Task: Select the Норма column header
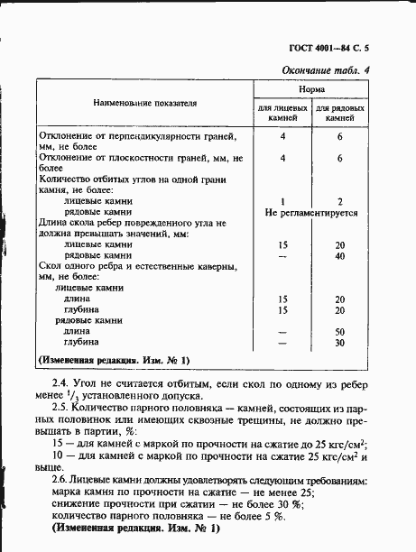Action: coord(312,91)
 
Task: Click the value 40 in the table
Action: coord(339,255)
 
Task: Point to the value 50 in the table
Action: coord(339,331)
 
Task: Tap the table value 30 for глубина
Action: coord(339,343)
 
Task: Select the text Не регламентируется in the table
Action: coord(311,214)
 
